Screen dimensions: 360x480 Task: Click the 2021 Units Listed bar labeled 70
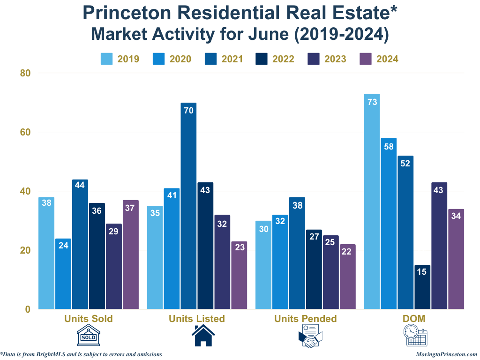[x=188, y=206]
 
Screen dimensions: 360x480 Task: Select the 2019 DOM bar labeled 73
[x=372, y=202]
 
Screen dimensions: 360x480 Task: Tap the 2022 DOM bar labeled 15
[x=422, y=287]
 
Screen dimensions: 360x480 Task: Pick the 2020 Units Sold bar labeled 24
[x=63, y=274]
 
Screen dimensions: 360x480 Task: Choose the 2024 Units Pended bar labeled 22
[x=347, y=277]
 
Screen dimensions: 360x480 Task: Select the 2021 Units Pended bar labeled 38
[x=297, y=253]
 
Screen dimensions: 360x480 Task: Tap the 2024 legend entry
[x=378, y=59]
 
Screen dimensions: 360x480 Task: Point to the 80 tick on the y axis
[x=25, y=73]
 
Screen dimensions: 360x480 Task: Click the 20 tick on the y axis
[x=25, y=250]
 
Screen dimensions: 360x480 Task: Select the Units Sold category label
[x=89, y=319]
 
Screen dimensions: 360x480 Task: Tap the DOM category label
[x=414, y=319]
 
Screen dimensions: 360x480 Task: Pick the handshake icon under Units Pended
[x=310, y=338]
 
